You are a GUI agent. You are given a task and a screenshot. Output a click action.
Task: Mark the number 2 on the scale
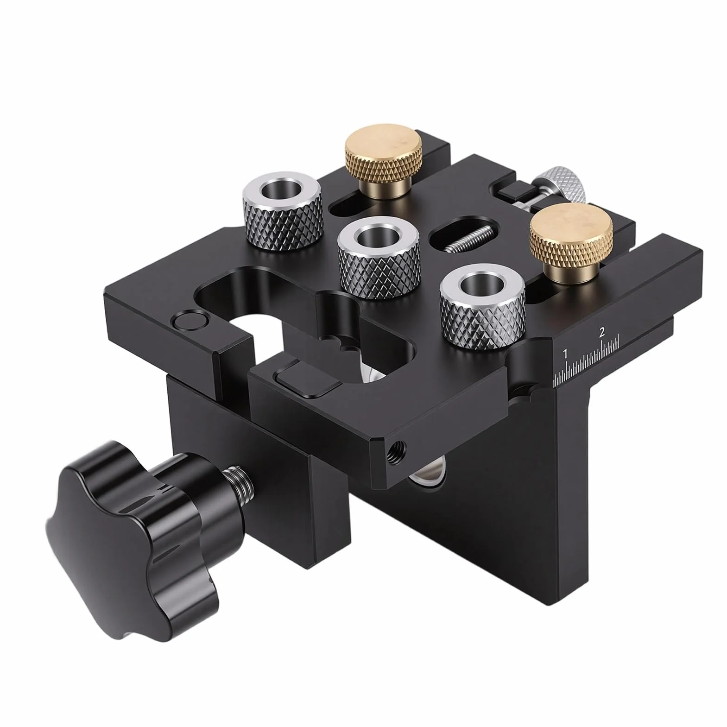click(601, 332)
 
